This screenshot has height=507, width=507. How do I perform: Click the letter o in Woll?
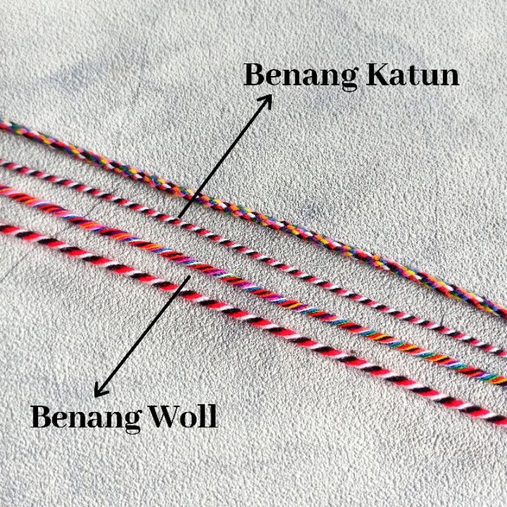click(192, 419)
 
